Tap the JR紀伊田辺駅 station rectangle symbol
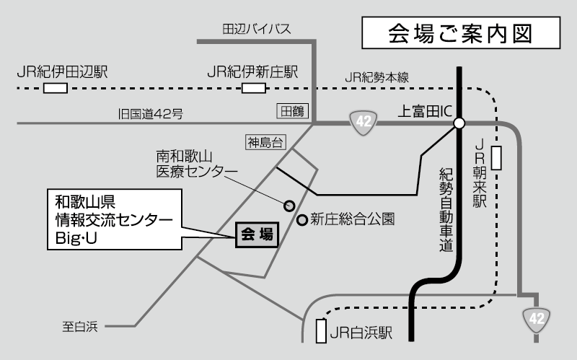pyautogui.click(x=56, y=88)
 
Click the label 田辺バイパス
pyautogui.click(x=257, y=30)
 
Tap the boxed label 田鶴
pyautogui.click(x=293, y=110)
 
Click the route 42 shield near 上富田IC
pyautogui.click(x=362, y=122)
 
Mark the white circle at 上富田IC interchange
pyautogui.click(x=459, y=123)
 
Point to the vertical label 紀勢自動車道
pyautogui.click(x=445, y=209)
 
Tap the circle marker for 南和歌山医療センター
pyautogui.click(x=289, y=205)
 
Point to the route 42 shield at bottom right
pyautogui.click(x=536, y=317)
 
